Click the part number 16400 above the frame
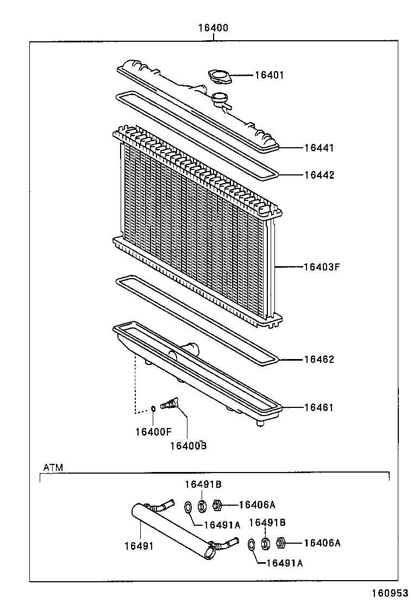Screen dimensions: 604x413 213,28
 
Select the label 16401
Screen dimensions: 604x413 270,75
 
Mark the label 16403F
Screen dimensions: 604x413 321,267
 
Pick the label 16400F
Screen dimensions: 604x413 153,432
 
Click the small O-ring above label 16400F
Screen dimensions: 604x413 153,408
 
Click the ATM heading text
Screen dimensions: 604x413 53,467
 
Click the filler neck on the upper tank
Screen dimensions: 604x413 220,98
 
